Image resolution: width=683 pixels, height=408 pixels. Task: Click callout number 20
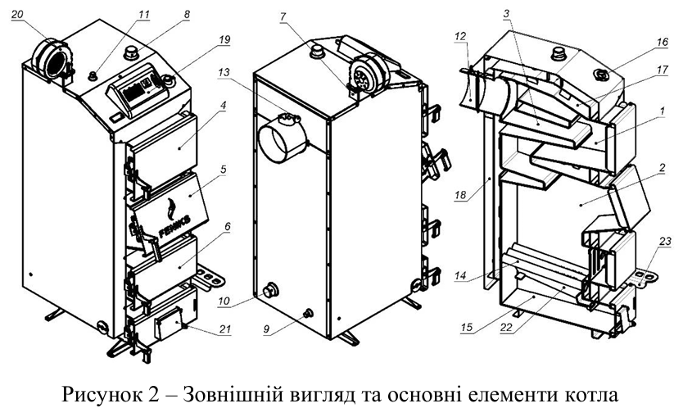click(x=17, y=15)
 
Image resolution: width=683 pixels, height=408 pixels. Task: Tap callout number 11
click(x=144, y=15)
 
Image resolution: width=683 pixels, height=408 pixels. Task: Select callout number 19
click(x=224, y=39)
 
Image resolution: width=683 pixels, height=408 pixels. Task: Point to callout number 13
click(x=224, y=72)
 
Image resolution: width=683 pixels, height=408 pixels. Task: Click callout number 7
click(x=283, y=16)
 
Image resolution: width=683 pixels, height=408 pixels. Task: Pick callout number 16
click(x=662, y=42)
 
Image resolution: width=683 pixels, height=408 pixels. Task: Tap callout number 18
click(x=460, y=195)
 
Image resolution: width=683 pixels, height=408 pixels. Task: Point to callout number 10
click(x=224, y=301)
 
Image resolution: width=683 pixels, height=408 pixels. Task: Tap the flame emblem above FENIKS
click(x=172, y=208)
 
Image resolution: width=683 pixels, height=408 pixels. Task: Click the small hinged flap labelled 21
click(x=169, y=324)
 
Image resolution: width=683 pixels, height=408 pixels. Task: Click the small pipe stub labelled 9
click(x=309, y=312)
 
